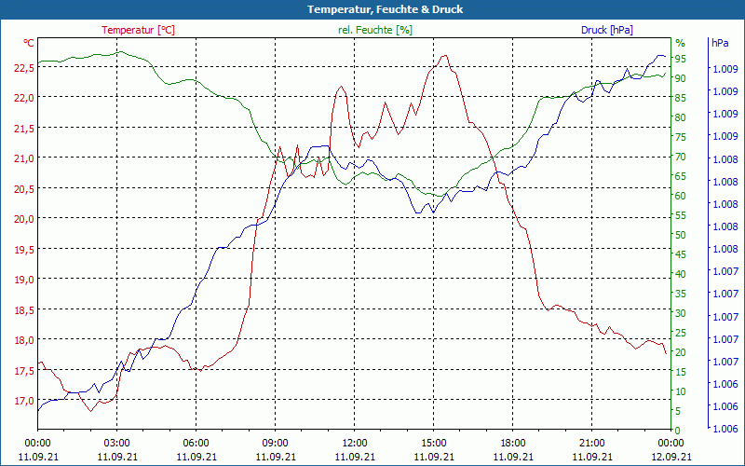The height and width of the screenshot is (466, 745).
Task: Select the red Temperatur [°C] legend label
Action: (x=138, y=30)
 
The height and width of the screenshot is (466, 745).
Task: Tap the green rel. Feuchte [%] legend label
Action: (x=374, y=30)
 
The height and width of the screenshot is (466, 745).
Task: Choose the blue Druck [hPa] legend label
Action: (x=606, y=30)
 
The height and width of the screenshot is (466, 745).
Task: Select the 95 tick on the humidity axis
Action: (x=681, y=59)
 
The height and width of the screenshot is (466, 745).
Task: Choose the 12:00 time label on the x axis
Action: (x=354, y=443)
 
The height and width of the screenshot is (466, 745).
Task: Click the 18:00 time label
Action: (x=513, y=443)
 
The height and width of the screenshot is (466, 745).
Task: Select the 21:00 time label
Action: (x=592, y=443)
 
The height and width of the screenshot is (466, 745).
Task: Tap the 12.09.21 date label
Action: (x=671, y=457)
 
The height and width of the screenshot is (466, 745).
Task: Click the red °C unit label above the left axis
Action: (x=29, y=43)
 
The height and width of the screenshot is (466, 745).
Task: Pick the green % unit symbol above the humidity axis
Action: (x=680, y=43)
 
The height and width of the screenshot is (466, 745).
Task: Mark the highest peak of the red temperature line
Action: (x=445, y=55)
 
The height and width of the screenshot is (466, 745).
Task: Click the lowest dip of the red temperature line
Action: (x=91, y=411)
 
